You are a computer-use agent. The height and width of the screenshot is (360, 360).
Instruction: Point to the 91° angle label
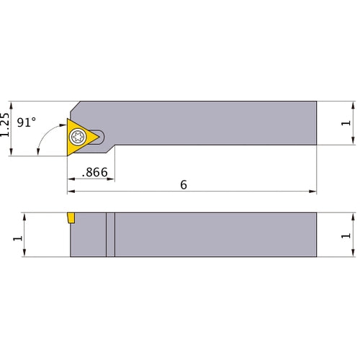tap(26, 123)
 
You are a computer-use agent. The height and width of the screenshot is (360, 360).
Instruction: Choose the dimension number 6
tap(184, 185)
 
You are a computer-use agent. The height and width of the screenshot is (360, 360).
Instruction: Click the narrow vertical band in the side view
tap(110, 235)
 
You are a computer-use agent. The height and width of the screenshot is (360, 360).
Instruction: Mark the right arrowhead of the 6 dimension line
tap(314, 192)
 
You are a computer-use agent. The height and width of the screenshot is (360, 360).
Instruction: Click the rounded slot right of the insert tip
tap(103, 135)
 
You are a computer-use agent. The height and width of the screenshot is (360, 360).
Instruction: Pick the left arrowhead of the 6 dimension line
tap(70, 192)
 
